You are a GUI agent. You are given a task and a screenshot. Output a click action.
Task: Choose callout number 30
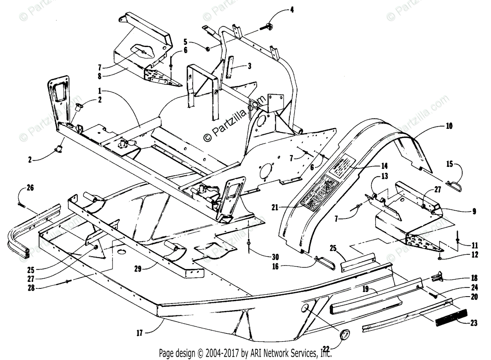(x=275, y=257)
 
